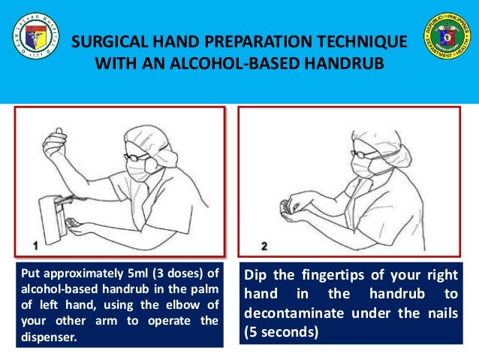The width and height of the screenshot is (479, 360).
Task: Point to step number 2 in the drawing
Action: point(264,245)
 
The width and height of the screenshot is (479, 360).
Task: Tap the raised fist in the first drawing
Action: point(56,141)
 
